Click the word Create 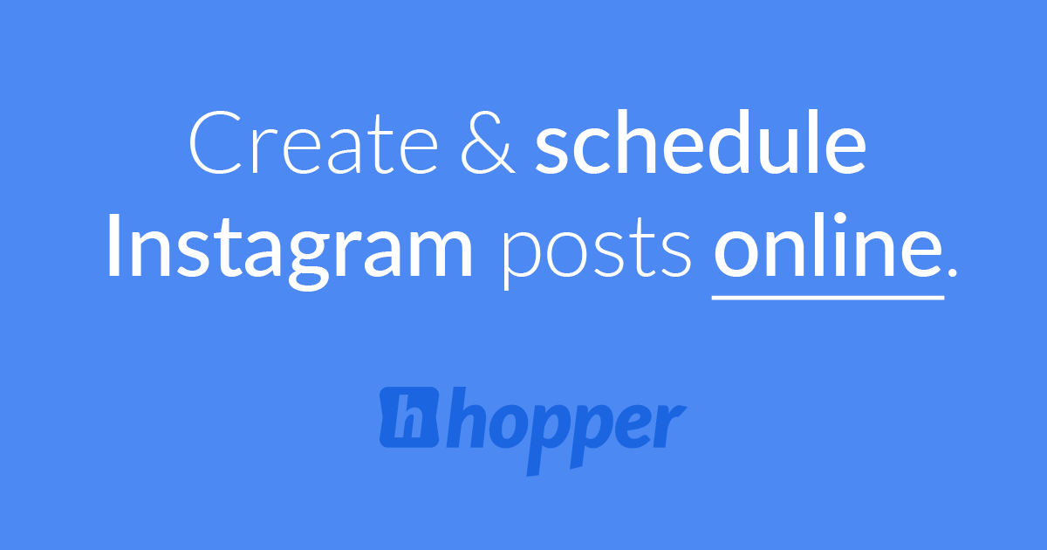pyautogui.click(x=319, y=143)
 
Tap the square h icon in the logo pyautogui.click(x=409, y=416)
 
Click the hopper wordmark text pyautogui.click(x=568, y=423)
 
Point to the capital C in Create pyautogui.click(x=214, y=143)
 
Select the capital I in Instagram pyautogui.click(x=114, y=245)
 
